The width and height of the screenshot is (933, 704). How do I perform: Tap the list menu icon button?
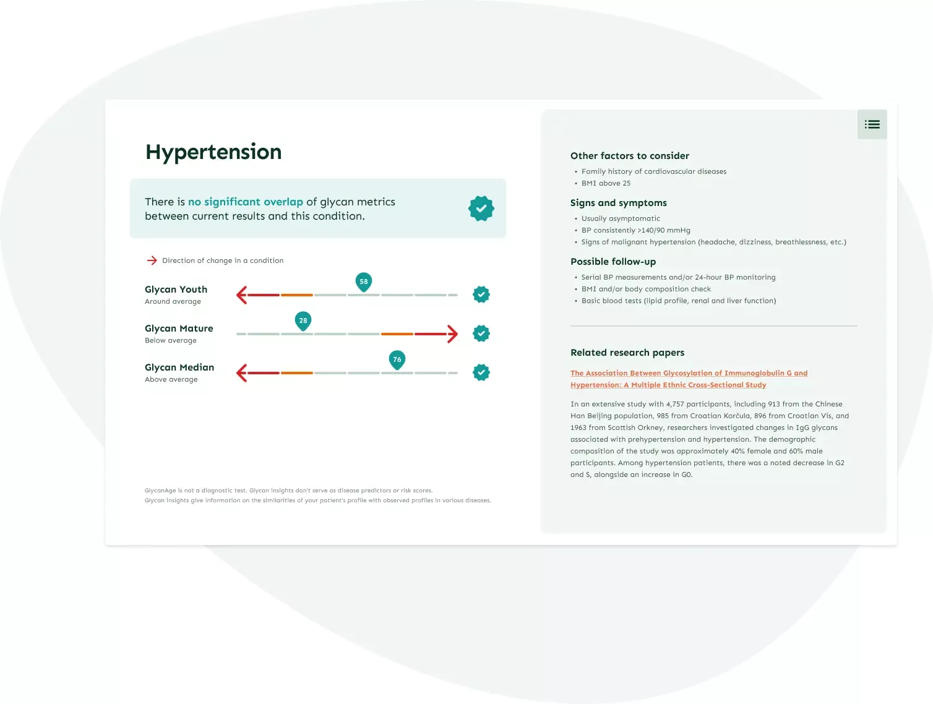click(872, 124)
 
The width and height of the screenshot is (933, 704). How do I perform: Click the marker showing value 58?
click(363, 282)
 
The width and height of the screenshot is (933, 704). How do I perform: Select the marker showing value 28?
click(303, 321)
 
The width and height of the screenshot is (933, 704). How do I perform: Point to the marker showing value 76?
click(397, 360)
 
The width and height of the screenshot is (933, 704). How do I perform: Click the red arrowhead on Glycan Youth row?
click(242, 295)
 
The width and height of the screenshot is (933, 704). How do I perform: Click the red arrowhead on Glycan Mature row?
click(452, 334)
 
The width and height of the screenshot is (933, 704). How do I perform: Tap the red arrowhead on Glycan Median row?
click(242, 373)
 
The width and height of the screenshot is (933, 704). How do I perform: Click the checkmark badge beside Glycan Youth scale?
click(481, 294)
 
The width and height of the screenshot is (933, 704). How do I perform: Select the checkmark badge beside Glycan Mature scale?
click(481, 333)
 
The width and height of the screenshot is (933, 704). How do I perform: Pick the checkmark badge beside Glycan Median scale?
click(481, 372)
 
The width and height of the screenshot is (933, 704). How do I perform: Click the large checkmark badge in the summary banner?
click(481, 208)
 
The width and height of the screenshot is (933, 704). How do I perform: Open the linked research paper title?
click(689, 379)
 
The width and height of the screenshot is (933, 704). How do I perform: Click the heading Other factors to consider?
click(629, 156)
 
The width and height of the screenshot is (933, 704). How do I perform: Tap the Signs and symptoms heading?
click(619, 203)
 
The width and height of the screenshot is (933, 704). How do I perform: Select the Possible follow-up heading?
click(613, 262)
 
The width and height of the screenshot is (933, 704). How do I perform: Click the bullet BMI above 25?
click(606, 183)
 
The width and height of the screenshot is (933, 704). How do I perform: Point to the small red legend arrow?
click(152, 260)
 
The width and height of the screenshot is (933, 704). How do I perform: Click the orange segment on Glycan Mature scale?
click(397, 334)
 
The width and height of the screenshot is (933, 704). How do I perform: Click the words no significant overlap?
click(245, 202)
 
